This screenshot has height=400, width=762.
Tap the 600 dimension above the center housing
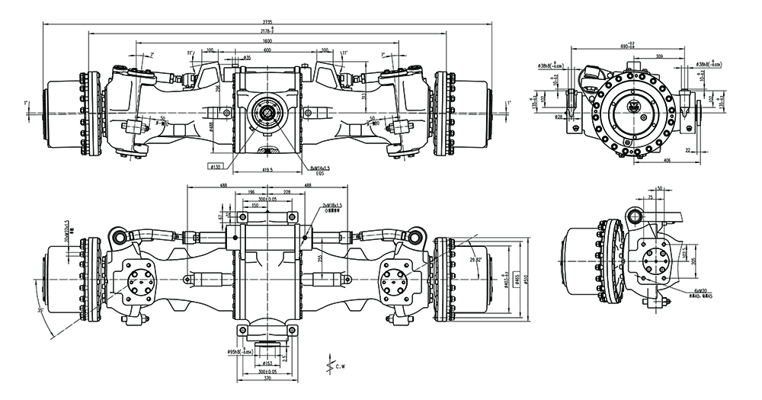tap(267, 50)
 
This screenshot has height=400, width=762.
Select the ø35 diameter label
tap(247, 58)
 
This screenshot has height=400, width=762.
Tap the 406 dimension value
tap(668, 162)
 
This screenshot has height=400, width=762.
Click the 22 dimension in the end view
tap(687, 151)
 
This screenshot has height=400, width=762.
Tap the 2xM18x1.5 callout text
tap(332, 206)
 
